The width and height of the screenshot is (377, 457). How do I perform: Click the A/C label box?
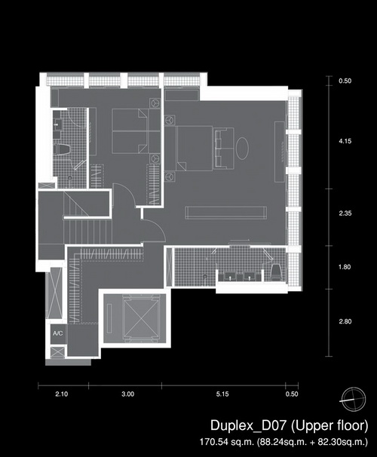[x=58, y=333]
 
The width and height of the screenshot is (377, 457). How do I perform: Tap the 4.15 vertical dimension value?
[x=345, y=141]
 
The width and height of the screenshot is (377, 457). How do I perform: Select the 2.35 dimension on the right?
[x=345, y=213]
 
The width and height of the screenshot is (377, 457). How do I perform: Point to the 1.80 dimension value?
[x=345, y=267]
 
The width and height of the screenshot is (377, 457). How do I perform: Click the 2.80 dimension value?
[x=345, y=321]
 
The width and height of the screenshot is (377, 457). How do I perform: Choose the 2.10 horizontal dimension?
[x=62, y=394]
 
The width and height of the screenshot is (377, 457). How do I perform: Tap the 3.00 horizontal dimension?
[x=128, y=394]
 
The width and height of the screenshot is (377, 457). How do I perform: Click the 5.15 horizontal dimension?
[x=222, y=394]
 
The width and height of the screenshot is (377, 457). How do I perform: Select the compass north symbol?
[x=354, y=399]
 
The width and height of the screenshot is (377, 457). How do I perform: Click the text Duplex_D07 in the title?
[x=249, y=425]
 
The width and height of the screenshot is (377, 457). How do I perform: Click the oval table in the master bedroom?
[x=242, y=148]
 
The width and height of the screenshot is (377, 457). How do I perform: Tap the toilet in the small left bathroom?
[x=62, y=149]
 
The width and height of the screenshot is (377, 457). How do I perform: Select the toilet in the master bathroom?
[x=276, y=271]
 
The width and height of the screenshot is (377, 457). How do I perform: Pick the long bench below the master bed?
[x=225, y=213]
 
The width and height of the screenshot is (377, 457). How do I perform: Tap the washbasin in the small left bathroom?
[x=57, y=124]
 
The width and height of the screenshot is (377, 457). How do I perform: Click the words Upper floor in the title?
[x=329, y=425]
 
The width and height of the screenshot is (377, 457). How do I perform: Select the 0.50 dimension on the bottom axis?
[x=292, y=394]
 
